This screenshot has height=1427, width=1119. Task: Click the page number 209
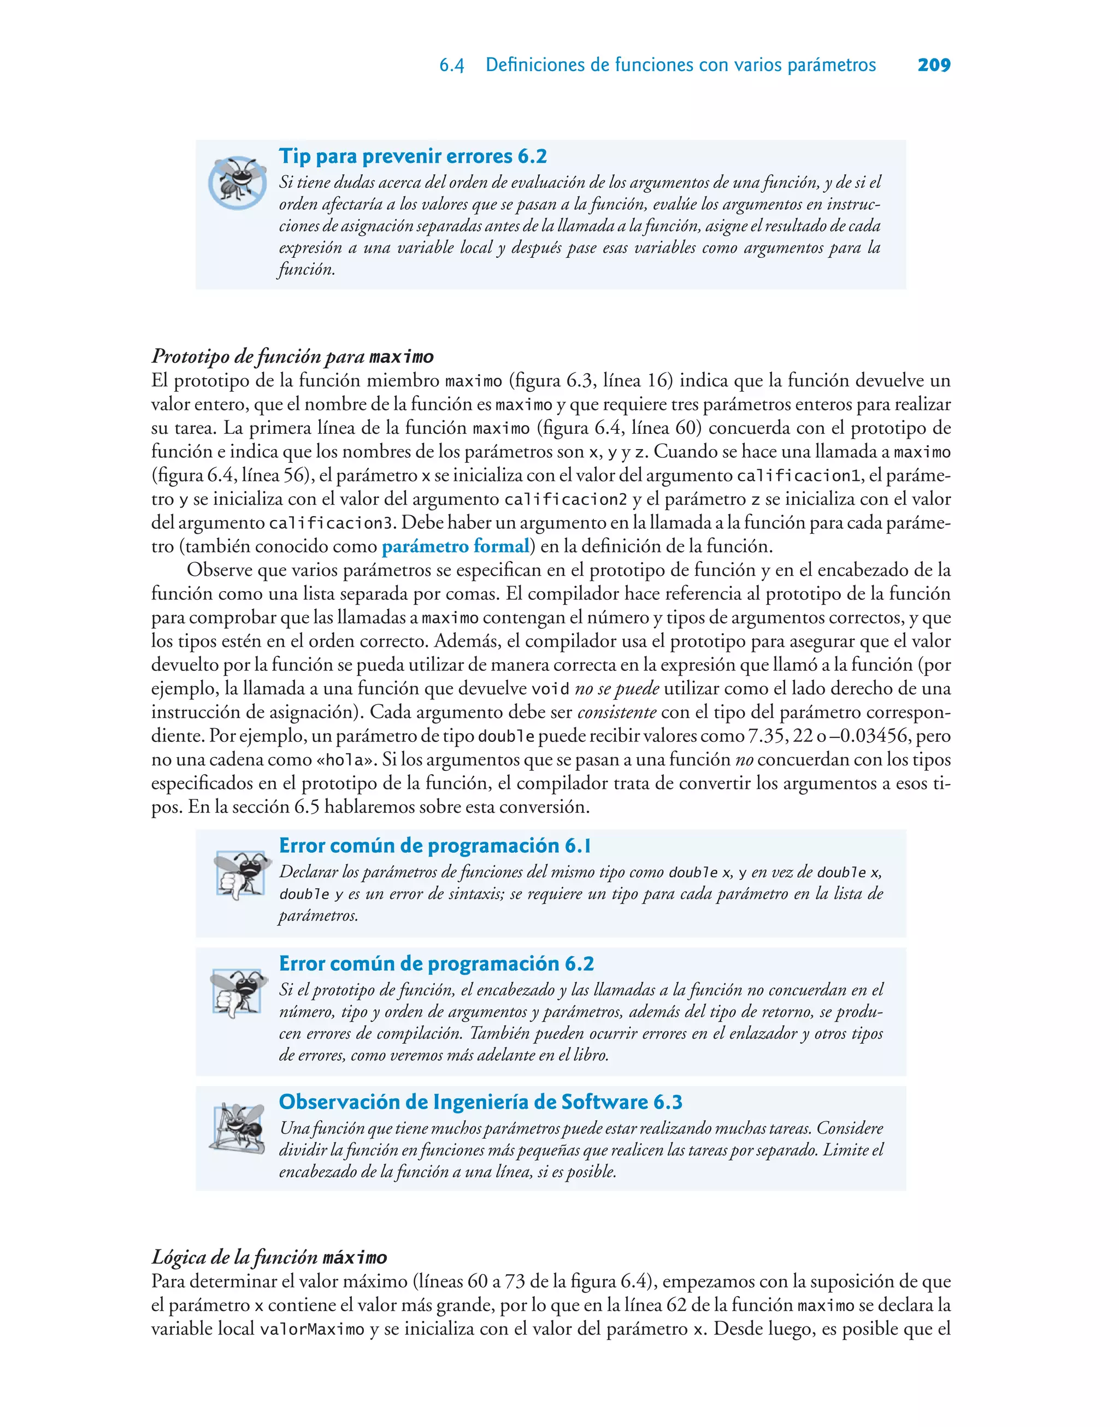coord(934,65)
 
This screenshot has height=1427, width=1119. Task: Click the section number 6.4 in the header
coord(451,66)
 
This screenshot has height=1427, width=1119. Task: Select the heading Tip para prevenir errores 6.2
coord(413,156)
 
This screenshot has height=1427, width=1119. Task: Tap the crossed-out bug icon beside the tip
coord(237,181)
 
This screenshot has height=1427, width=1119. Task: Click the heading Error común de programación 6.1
coord(435,846)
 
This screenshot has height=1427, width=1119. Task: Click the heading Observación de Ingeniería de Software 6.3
coord(480,1101)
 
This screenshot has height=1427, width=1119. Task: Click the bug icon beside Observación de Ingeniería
coord(238,1128)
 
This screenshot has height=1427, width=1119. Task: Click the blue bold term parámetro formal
coord(455,546)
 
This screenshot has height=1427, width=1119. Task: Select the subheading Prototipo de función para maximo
coord(292,356)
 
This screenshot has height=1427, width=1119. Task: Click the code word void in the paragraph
coord(550,689)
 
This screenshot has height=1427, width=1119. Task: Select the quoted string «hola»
coord(345,760)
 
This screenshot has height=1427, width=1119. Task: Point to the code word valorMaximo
coord(312,1329)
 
